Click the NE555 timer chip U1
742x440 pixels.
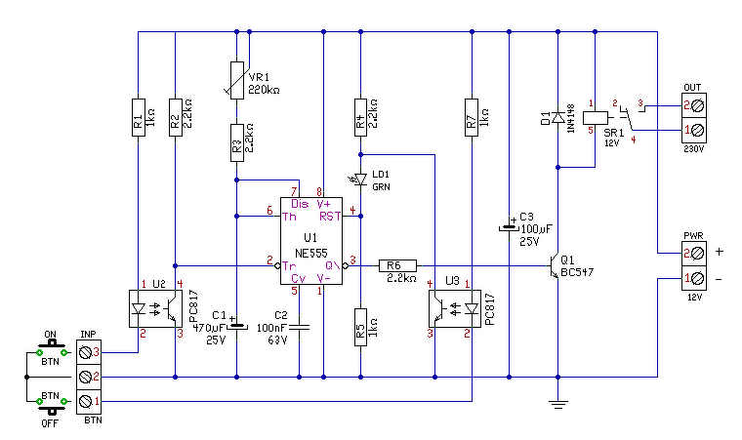point(311,241)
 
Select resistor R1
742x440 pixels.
point(139,117)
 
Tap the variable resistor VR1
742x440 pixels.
point(237,80)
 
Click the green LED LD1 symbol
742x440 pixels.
point(360,180)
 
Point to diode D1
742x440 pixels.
point(557,117)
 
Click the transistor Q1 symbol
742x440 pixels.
point(554,265)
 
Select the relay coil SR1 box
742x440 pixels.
point(596,117)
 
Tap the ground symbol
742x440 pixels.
point(557,404)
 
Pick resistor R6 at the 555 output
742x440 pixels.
point(397,265)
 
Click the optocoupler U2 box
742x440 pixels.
point(155,308)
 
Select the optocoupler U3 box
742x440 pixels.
point(455,308)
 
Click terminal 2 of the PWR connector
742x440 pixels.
point(694,254)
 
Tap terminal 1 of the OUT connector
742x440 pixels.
point(694,130)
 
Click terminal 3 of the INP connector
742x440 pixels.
point(89,352)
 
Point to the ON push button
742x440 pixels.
point(51,348)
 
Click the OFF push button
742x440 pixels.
point(51,405)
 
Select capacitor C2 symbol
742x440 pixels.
point(299,327)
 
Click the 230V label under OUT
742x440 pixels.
point(694,149)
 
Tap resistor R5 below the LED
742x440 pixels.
point(360,328)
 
